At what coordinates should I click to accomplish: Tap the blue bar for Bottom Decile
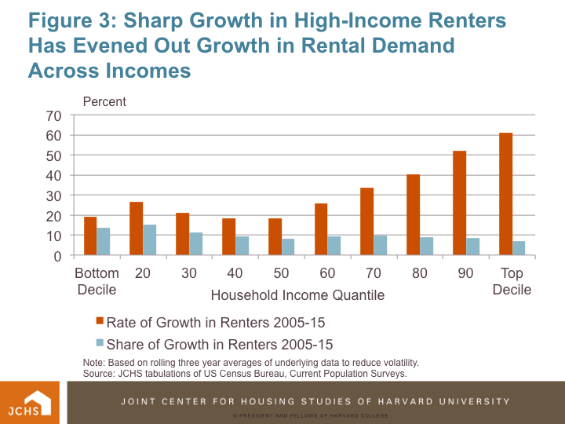[x=104, y=241]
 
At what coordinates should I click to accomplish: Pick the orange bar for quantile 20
[x=137, y=228]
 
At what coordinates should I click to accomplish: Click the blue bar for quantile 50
[x=288, y=247]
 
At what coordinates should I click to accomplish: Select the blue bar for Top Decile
[x=519, y=248]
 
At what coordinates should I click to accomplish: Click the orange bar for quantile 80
[x=413, y=214]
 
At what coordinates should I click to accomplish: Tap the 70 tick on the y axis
[x=54, y=115]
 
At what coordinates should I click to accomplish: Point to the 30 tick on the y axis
[x=54, y=196]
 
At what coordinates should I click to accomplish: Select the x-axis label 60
[x=328, y=273]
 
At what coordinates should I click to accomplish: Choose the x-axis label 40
[x=235, y=273]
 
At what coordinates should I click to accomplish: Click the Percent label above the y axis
[x=104, y=101]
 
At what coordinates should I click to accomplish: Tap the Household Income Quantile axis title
[x=297, y=295]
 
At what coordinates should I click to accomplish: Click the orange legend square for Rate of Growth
[x=99, y=321]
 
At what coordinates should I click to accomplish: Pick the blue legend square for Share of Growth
[x=99, y=344]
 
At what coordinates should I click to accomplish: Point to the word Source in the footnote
[x=100, y=373]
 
